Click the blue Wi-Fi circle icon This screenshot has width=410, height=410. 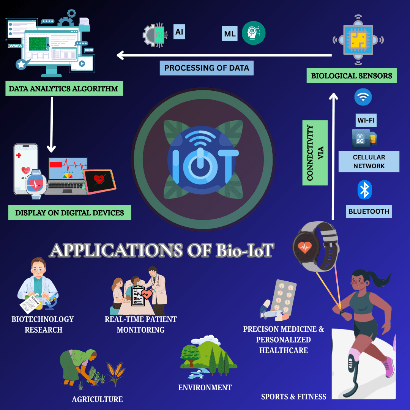(363, 97)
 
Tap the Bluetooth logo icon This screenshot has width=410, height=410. (364, 190)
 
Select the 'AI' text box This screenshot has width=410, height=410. (179, 32)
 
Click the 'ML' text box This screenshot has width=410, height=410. (230, 33)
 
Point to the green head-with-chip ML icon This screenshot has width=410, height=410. (253, 33)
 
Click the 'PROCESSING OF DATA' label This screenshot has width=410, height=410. (207, 68)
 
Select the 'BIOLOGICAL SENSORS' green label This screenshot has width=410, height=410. (352, 76)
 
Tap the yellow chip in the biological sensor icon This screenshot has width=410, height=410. (358, 40)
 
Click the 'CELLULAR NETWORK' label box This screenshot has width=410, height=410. (369, 161)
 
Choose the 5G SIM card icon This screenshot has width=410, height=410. (364, 139)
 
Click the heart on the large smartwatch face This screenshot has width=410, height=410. (304, 247)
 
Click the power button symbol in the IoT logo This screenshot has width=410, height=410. (200, 166)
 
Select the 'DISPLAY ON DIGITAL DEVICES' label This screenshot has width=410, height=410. (69, 213)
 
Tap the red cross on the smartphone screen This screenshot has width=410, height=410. (19, 156)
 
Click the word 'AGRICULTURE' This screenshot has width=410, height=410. (97, 399)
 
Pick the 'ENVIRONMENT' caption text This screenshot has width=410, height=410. (205, 388)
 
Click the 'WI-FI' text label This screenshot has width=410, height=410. (366, 120)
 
